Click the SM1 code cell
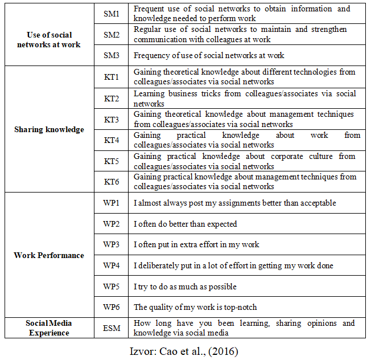111,14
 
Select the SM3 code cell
111,55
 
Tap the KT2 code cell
111,99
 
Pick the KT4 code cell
111,140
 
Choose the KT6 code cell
111,182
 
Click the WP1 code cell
111,203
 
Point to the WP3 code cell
111,244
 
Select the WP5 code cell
111,287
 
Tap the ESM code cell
111,328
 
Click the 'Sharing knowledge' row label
49,129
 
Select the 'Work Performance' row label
49,255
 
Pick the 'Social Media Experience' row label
49,328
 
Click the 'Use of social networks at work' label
49,40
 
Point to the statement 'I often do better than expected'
185,224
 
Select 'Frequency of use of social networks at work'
209,55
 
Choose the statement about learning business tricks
245,99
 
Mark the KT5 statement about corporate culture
245,161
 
